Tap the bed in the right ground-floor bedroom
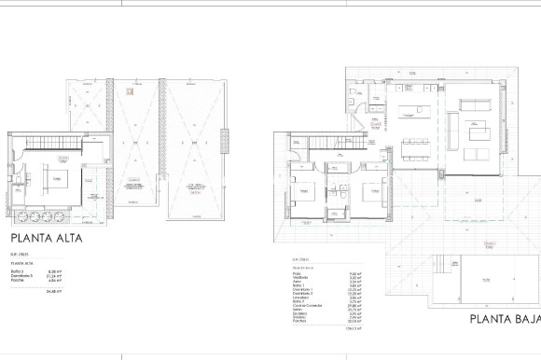(370, 193)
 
